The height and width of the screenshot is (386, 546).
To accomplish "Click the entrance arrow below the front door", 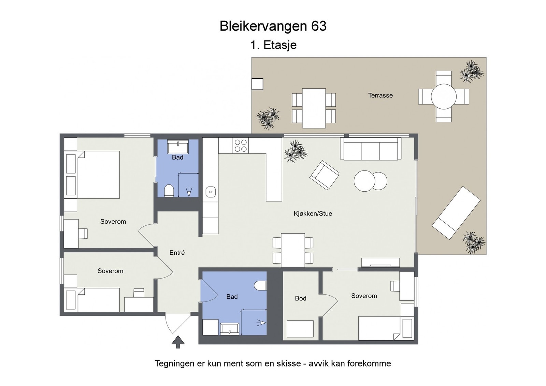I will pyautogui.click(x=178, y=342).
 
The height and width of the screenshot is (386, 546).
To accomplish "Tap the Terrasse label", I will pyautogui.click(x=380, y=95).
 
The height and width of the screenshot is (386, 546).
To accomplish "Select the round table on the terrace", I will pyautogui.click(x=444, y=96).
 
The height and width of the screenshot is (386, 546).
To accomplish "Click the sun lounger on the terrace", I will pyautogui.click(x=456, y=213).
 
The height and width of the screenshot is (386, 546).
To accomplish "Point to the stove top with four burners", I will pyautogui.click(x=241, y=146).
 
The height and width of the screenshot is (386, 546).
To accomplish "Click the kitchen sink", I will pyautogui.click(x=211, y=192).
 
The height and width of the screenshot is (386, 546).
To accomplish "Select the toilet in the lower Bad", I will pyautogui.click(x=260, y=285).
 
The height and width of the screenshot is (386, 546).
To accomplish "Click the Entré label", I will pyautogui.click(x=177, y=253).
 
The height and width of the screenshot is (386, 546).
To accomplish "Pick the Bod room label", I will pyautogui.click(x=300, y=298).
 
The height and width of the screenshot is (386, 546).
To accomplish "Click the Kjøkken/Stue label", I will pyautogui.click(x=313, y=214).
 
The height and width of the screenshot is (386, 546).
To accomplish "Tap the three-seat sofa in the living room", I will pyautogui.click(x=371, y=149).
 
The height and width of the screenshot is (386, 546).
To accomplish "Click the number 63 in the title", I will pyautogui.click(x=319, y=26).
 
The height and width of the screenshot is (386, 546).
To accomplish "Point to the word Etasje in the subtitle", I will pyautogui.click(x=280, y=45).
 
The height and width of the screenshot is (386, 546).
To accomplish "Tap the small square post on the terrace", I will pyautogui.click(x=257, y=84).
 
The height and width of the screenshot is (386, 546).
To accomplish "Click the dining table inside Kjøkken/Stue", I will pyautogui.click(x=293, y=250).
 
